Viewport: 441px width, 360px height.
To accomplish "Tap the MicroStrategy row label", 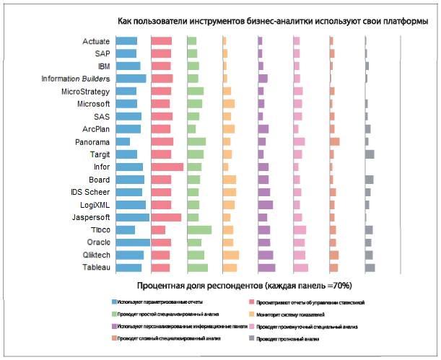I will click(x=85, y=92).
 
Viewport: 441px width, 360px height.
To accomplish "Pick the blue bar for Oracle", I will click(x=132, y=242).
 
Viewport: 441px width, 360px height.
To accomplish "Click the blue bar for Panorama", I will click(x=122, y=141).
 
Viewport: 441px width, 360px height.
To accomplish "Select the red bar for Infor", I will click(x=167, y=167).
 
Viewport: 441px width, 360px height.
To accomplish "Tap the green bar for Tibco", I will click(x=198, y=229).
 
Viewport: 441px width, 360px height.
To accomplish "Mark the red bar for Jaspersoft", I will click(x=165, y=217).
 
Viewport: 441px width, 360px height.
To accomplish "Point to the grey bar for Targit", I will click(x=369, y=154).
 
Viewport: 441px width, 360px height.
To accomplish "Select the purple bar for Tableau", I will click(x=266, y=268).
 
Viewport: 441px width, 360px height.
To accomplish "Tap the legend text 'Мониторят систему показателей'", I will click(x=293, y=315).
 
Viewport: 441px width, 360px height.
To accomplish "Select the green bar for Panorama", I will click(x=196, y=141).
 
